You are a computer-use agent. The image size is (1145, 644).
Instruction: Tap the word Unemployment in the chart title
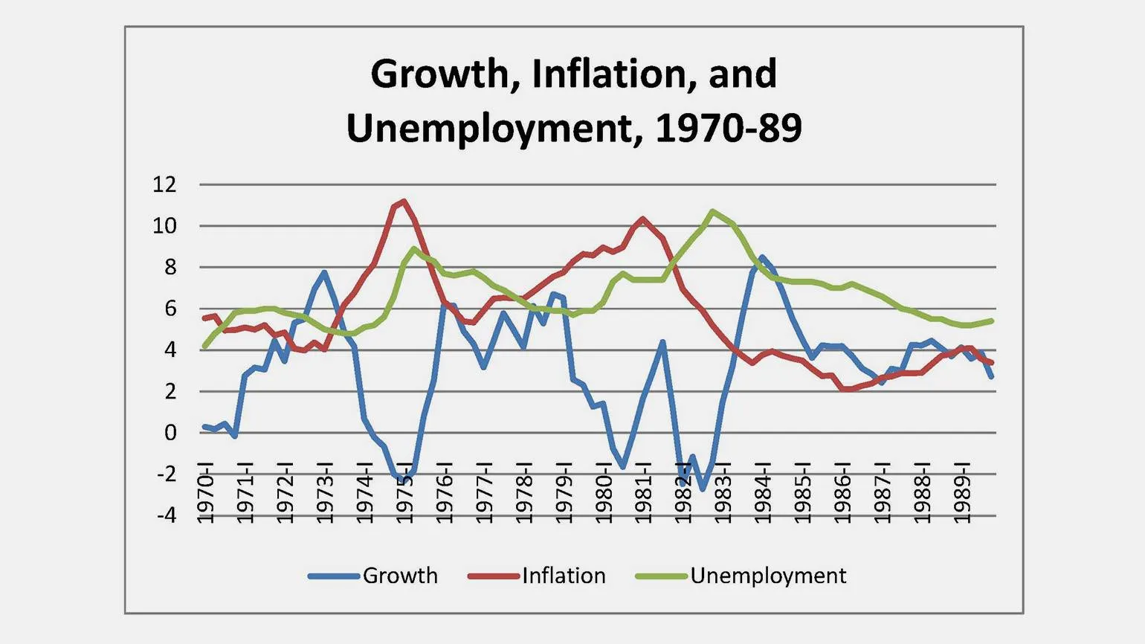[489, 129]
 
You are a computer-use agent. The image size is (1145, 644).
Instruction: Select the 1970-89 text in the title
[729, 129]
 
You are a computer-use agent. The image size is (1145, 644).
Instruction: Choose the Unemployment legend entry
[741, 576]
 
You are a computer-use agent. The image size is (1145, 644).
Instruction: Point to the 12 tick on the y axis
[164, 184]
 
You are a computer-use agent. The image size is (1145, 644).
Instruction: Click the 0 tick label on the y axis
[170, 432]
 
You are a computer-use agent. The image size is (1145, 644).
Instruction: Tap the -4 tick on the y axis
[166, 515]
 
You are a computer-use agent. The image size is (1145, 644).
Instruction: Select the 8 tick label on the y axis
[170, 267]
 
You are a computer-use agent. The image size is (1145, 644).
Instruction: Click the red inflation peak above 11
[403, 201]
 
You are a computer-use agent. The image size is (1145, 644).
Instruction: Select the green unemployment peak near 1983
[712, 211]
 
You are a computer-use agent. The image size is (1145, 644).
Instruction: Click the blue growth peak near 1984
[761, 257]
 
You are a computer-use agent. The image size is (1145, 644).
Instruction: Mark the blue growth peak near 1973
[324, 273]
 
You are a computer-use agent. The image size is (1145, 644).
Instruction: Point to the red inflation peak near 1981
[642, 219]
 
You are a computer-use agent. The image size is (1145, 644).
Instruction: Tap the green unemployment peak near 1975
[414, 248]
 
